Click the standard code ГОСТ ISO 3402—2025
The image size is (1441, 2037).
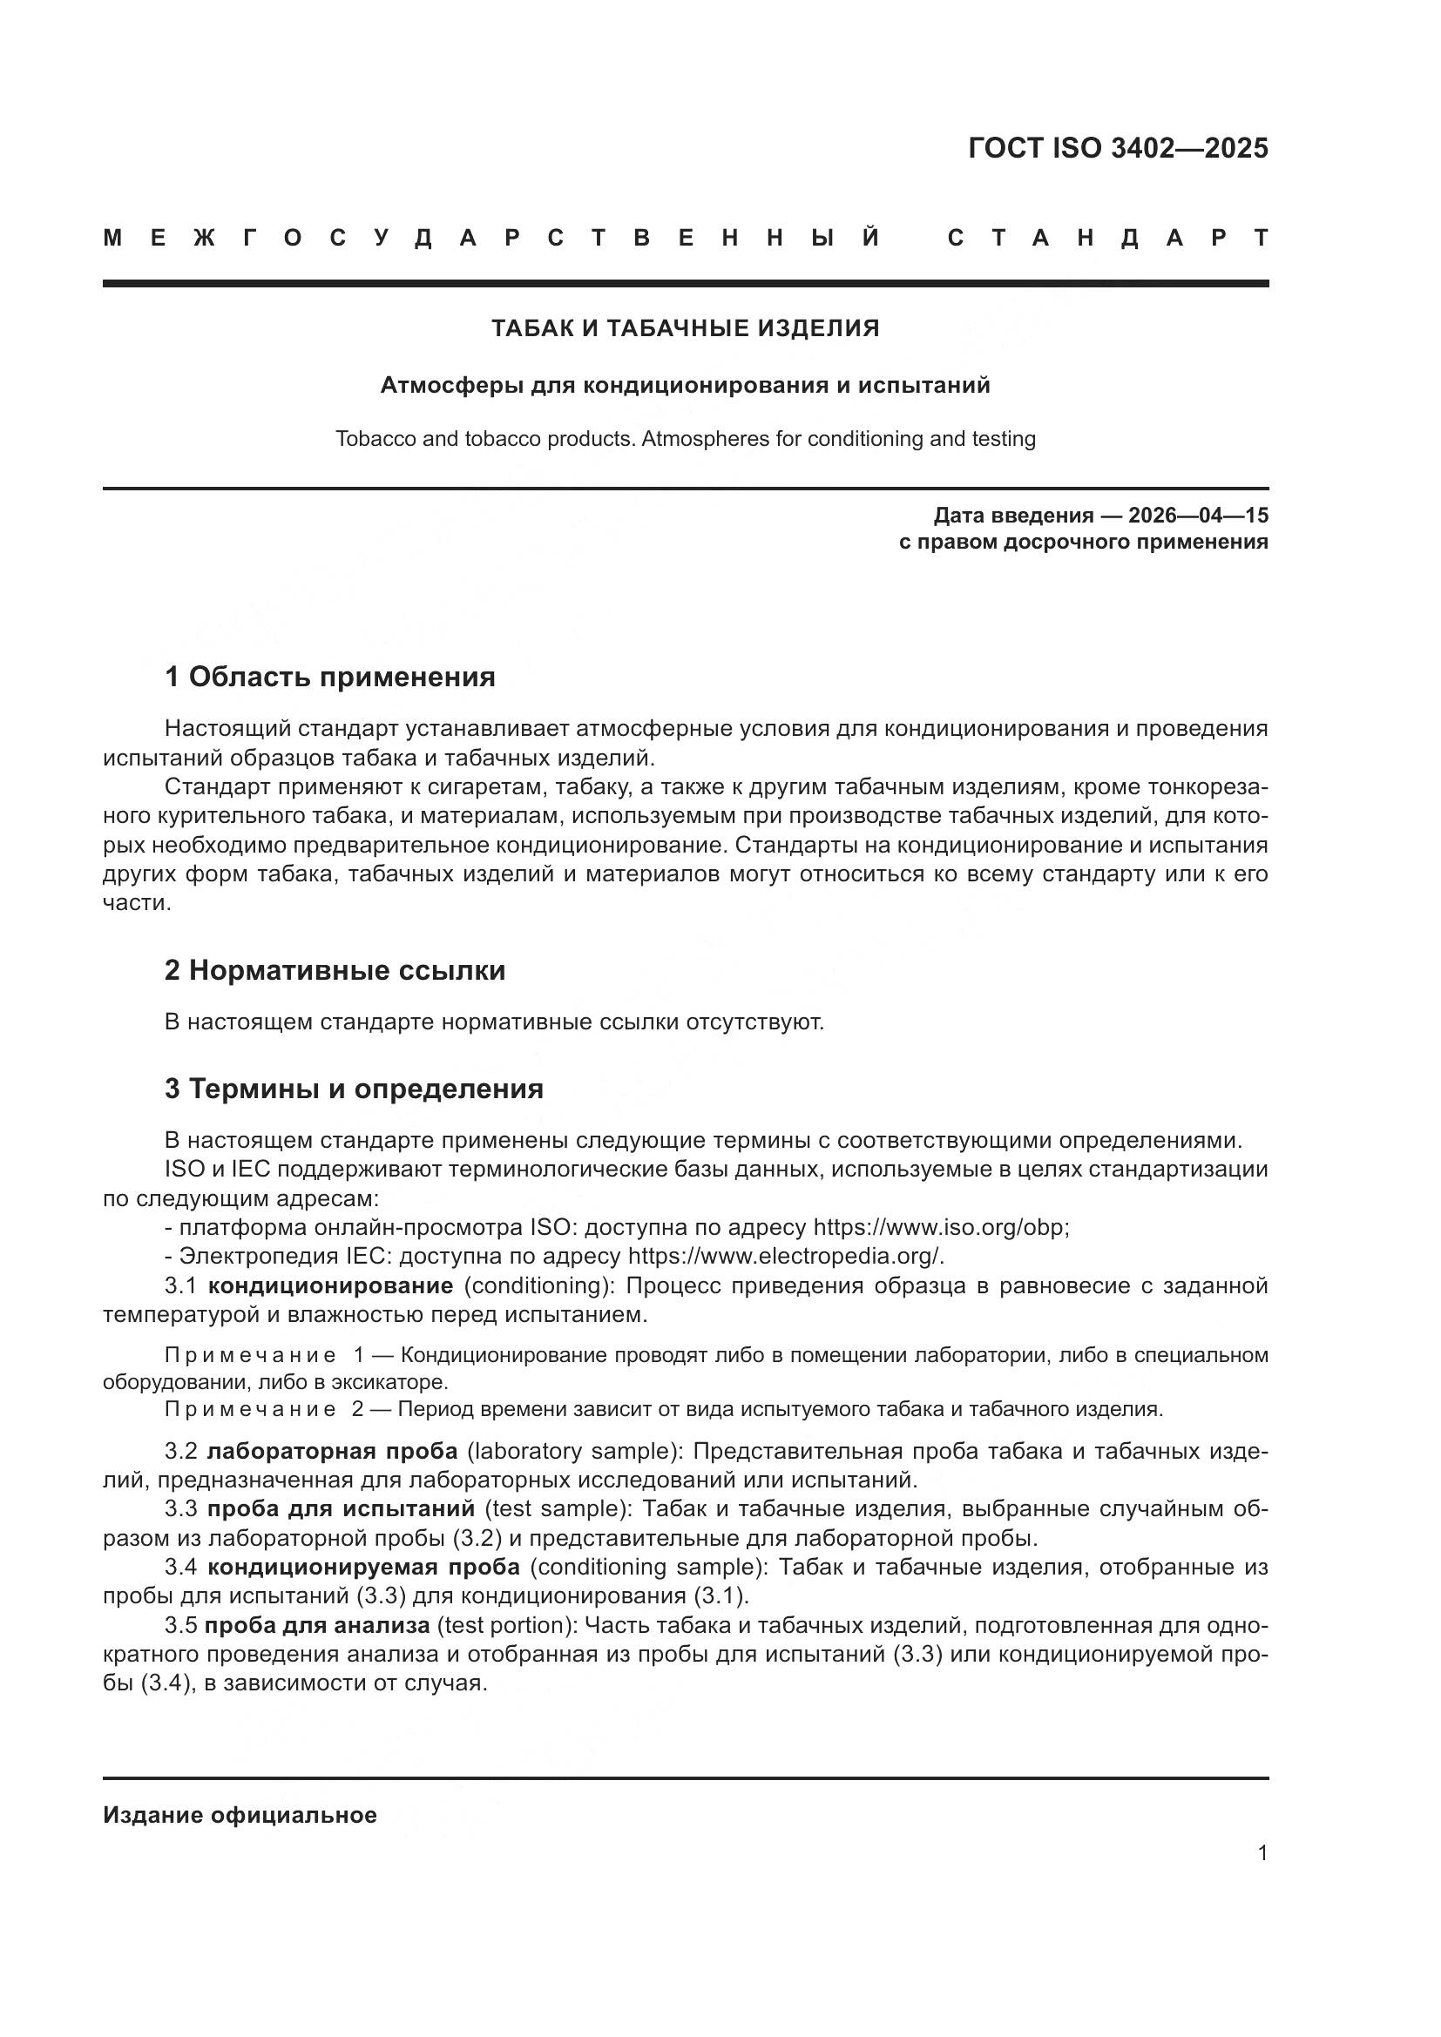1117,148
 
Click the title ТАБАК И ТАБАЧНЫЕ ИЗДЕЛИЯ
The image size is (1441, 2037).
685,328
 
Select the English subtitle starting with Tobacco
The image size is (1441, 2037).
685,439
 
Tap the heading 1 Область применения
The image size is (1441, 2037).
329,677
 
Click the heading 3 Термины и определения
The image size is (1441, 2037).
353,1089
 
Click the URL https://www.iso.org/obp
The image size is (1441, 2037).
941,1228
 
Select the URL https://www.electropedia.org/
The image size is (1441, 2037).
785,1257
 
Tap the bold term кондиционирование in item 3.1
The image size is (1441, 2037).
330,1285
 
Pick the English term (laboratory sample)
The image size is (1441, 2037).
573,1452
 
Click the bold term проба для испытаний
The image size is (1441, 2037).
341,1509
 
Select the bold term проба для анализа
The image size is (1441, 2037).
317,1625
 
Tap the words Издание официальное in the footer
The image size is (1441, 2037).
240,1815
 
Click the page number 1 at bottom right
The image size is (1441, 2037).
1262,1853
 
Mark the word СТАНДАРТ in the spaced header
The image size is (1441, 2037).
1107,238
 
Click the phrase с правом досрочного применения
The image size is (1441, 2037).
1083,542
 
